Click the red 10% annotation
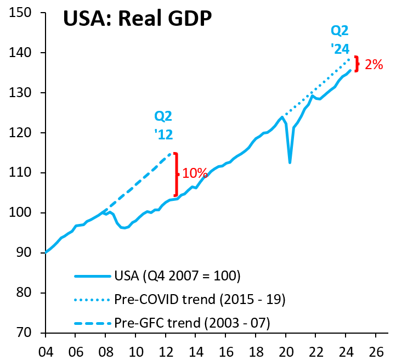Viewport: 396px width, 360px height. click(195, 173)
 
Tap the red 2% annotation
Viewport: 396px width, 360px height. click(374, 64)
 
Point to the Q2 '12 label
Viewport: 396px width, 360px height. click(163, 124)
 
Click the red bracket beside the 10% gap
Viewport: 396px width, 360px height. click(176, 174)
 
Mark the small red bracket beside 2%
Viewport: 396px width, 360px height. click(357, 64)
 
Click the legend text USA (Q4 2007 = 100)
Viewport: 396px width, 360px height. click(178, 274)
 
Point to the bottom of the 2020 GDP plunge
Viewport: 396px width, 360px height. click(290, 162)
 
